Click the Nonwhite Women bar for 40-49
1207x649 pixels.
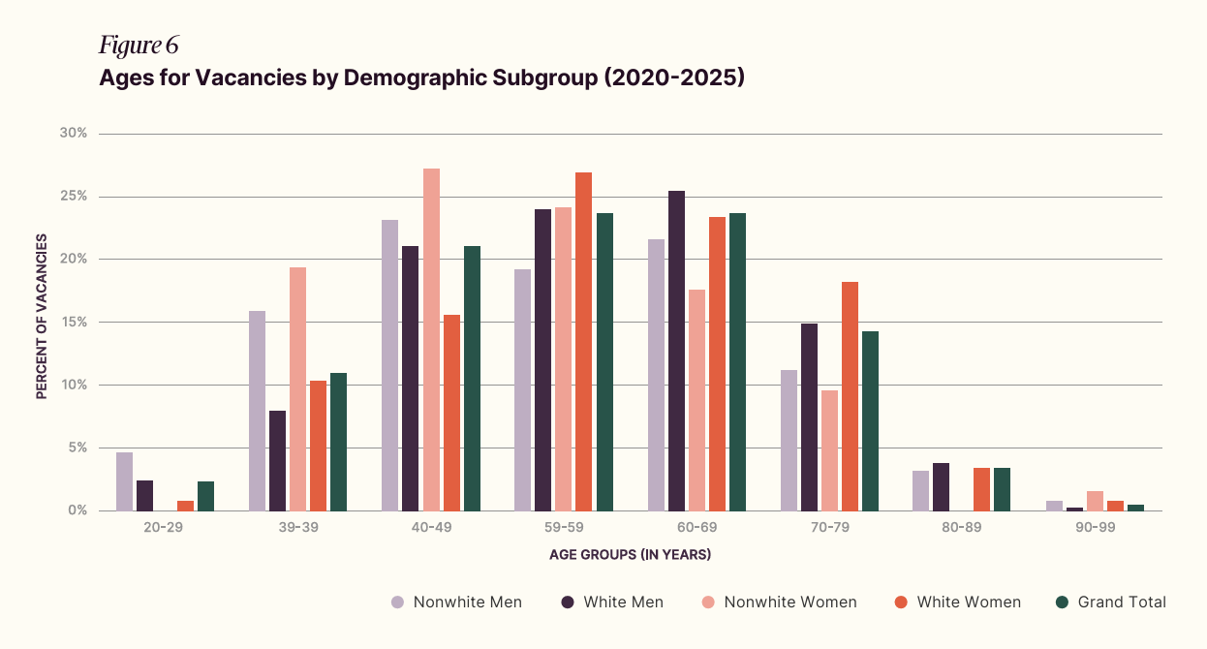(431, 340)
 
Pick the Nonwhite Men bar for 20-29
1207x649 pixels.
(124, 481)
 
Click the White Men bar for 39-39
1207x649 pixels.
(277, 461)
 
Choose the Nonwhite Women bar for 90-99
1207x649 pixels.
(1095, 501)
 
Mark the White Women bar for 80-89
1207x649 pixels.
(982, 489)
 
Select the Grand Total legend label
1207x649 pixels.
(1122, 603)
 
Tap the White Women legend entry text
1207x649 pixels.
(969, 603)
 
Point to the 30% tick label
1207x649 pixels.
(75, 134)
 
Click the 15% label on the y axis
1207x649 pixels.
(75, 323)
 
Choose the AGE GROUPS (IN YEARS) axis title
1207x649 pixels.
(630, 555)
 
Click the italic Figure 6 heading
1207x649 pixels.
(139, 45)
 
